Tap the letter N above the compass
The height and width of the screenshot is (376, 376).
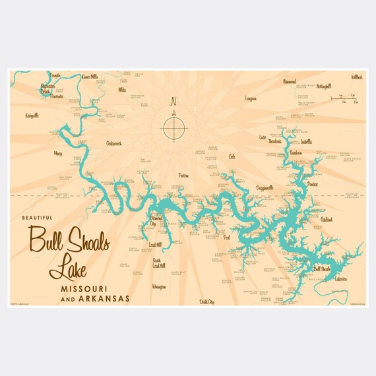tap(174, 102)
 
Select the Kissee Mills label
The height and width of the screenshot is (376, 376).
tap(89, 77)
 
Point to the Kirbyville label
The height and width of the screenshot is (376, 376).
tap(32, 115)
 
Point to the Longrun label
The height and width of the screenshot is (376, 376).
tap(251, 98)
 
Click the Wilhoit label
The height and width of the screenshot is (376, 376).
tap(357, 77)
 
